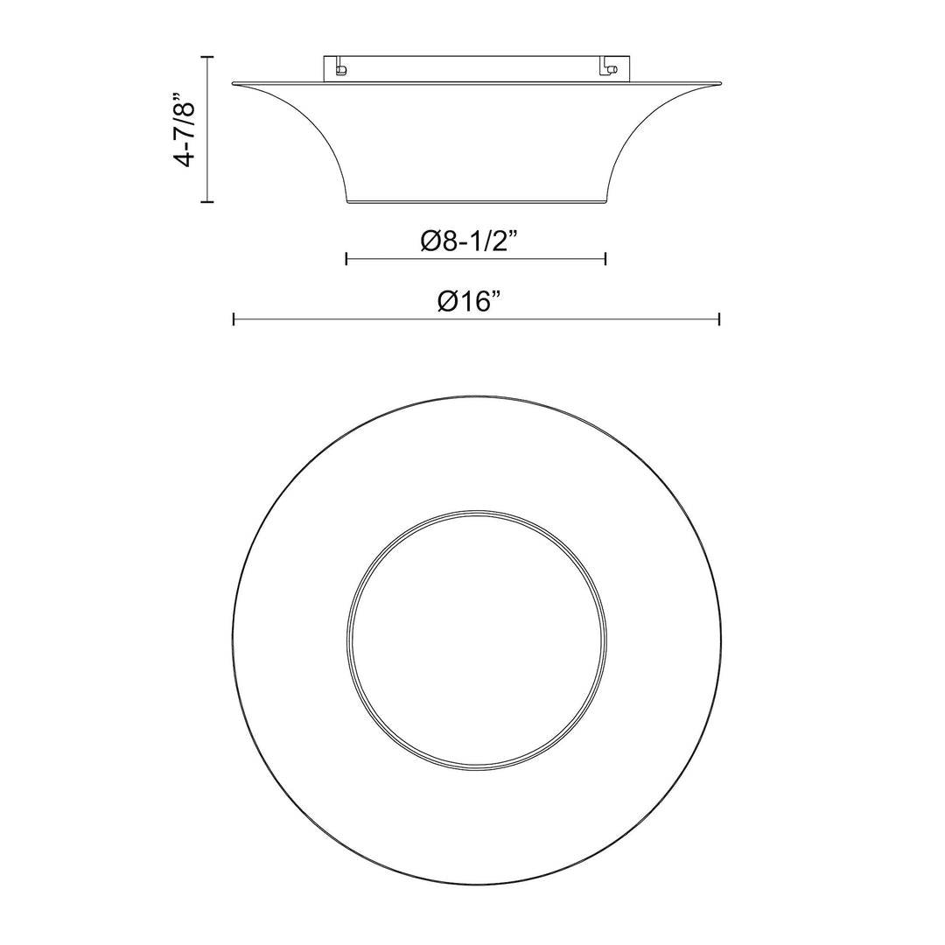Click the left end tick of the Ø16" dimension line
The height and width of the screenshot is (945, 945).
pos(234,319)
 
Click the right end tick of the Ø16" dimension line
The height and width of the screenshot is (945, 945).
pos(718,319)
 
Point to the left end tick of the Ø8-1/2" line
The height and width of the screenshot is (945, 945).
pos(347,258)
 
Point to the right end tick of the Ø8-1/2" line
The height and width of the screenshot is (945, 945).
pos(605,258)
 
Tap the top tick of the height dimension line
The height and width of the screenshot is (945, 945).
pos(207,57)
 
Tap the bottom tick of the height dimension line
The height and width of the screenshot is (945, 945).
pos(207,202)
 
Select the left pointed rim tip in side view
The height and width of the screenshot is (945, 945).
pos(234,84)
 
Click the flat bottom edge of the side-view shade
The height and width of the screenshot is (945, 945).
pos(476,203)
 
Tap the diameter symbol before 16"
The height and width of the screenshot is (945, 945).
pos(448,302)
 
